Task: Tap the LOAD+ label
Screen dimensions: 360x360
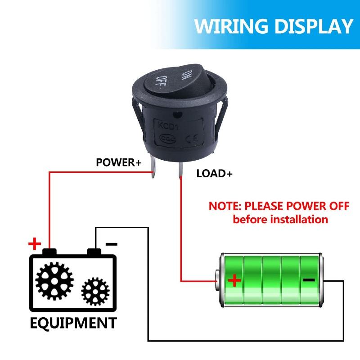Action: [x=215, y=174]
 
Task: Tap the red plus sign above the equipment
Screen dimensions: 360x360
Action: [x=34, y=244]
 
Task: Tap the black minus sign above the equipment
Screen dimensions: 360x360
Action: [x=111, y=244]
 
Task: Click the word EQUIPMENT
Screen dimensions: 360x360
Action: [x=73, y=323]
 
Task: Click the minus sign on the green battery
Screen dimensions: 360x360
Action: [x=309, y=280]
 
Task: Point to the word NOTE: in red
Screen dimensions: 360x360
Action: [x=225, y=207]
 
